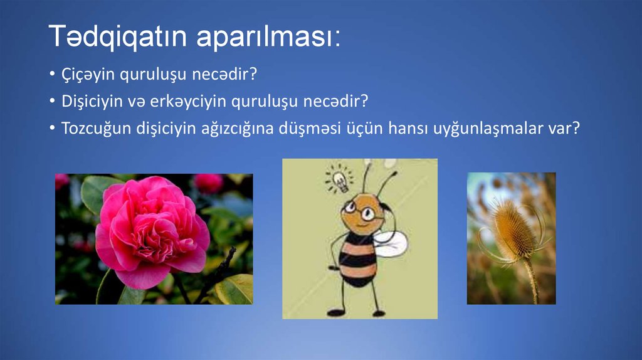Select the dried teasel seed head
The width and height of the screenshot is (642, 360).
(511, 229)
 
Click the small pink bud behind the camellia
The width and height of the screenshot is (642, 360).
(208, 183)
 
